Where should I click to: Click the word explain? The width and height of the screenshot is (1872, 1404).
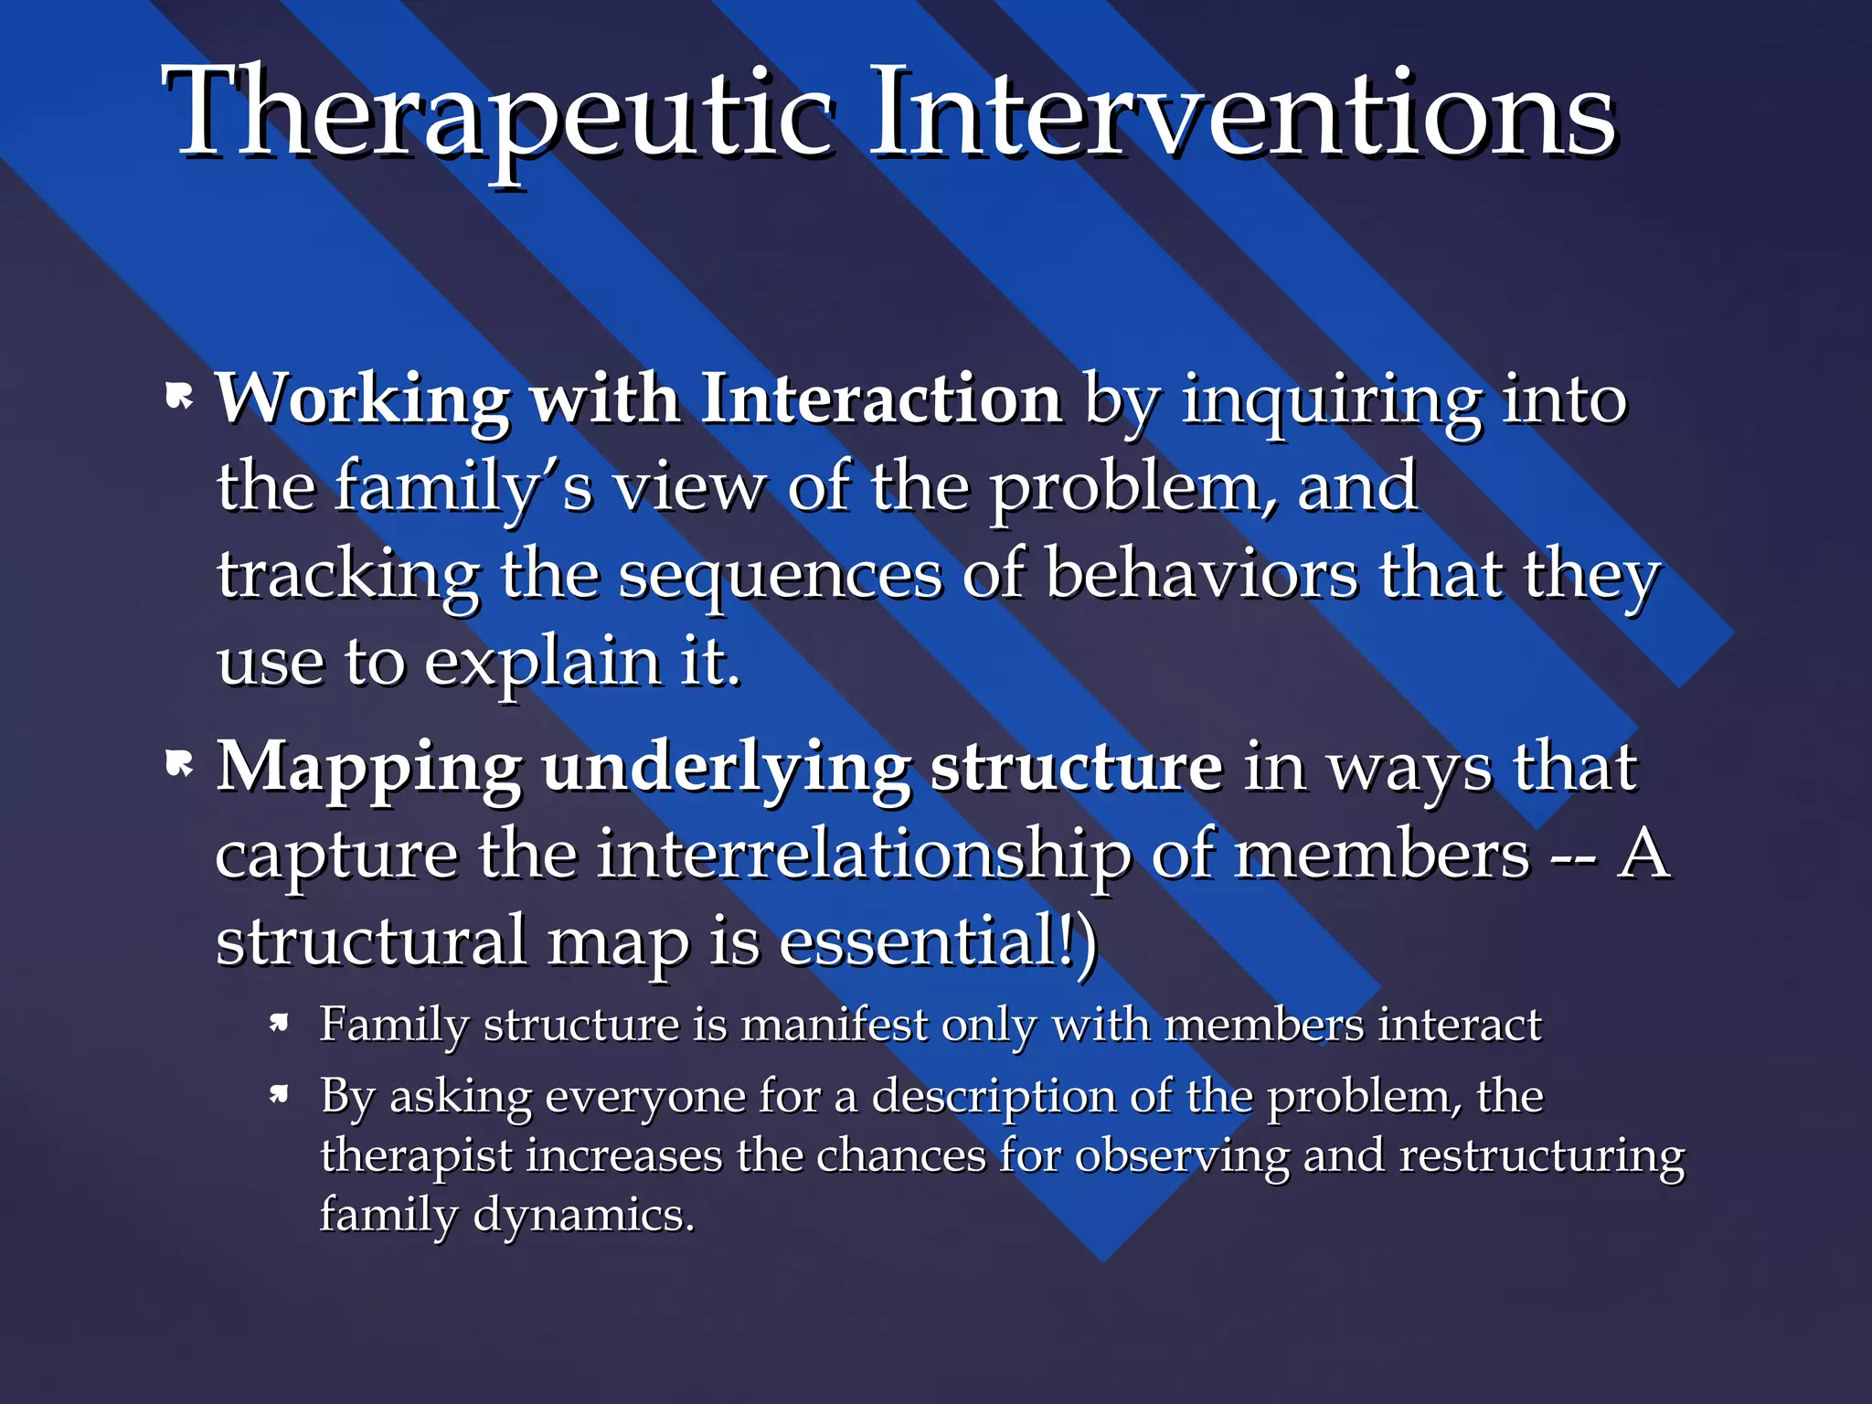(543, 664)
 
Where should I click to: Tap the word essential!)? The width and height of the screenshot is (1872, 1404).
(937, 941)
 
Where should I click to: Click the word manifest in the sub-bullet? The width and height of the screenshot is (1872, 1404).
(834, 1025)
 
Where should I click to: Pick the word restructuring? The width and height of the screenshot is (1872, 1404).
(1541, 1156)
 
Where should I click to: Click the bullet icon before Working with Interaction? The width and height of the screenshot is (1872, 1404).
(180, 398)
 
